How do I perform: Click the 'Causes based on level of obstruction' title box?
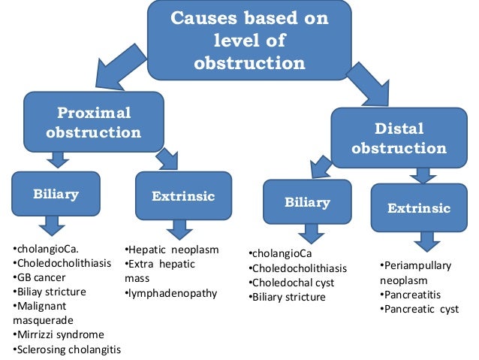tap(249, 41)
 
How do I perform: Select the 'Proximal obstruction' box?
tap(94, 123)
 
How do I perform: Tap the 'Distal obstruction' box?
tap(399, 138)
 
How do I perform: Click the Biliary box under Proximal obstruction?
tap(56, 195)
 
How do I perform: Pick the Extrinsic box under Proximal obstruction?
tap(183, 197)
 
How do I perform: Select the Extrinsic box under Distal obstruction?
tap(418, 207)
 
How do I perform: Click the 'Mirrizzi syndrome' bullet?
tap(59, 334)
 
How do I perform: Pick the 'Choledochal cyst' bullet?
tap(292, 283)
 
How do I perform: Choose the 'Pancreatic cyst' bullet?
tap(420, 309)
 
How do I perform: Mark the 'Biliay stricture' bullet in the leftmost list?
tap(50, 292)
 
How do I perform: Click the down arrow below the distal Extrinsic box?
tap(426, 241)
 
